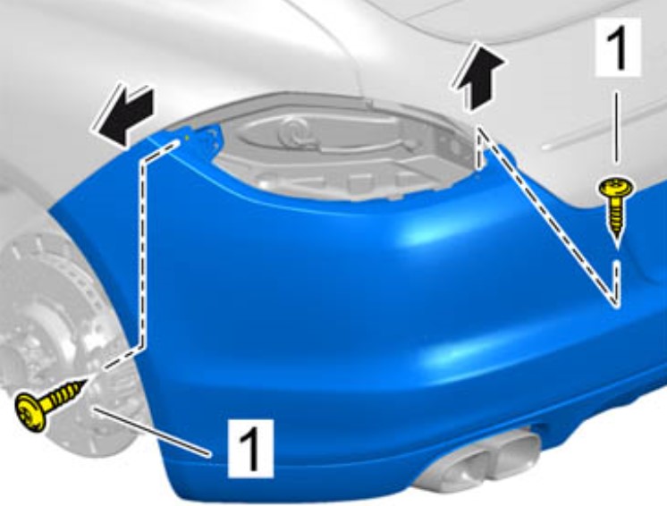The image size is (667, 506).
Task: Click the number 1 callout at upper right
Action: (618, 46)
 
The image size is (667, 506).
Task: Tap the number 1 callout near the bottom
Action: (250, 448)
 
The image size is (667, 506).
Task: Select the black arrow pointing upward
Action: (479, 79)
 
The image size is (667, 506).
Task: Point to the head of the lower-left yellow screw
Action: (30, 411)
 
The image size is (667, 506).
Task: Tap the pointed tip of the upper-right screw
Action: (616, 246)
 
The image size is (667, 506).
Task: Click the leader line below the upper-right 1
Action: (616, 128)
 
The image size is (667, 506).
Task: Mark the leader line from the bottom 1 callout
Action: (152, 432)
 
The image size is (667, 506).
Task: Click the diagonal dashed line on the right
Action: (547, 217)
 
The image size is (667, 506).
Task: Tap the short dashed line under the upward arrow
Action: (479, 148)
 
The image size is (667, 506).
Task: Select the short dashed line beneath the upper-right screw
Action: (616, 283)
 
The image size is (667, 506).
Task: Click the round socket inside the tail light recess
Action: (293, 132)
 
